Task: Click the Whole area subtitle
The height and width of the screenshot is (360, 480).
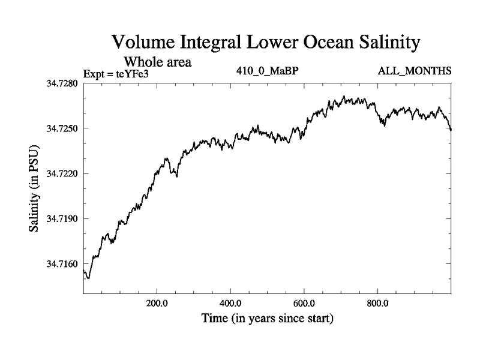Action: tap(157, 62)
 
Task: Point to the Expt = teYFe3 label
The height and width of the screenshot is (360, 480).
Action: tap(116, 73)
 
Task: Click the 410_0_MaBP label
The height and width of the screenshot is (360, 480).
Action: tap(268, 71)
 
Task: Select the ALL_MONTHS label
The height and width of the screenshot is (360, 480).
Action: tap(415, 71)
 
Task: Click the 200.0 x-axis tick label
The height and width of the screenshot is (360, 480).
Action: tap(157, 302)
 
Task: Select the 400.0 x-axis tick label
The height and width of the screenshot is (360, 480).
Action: tap(230, 302)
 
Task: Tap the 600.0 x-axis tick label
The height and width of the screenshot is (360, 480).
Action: tap(304, 302)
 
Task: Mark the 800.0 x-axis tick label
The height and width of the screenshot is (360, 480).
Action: tap(378, 302)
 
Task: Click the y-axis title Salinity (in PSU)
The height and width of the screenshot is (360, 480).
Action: tap(35, 188)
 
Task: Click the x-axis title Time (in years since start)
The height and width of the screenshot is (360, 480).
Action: tap(266, 318)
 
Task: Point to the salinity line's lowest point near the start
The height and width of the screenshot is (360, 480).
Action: tap(88, 278)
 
